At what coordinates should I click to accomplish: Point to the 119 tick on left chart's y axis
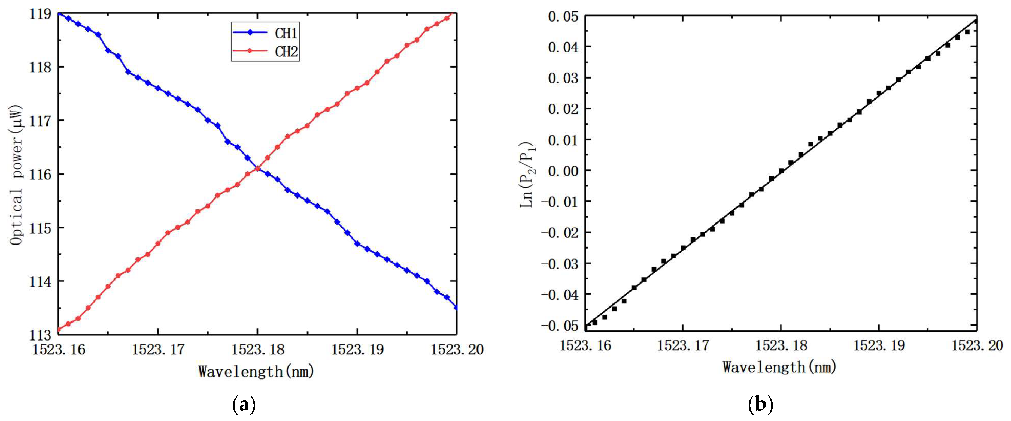point(40,14)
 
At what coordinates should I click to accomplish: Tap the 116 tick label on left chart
point(40,174)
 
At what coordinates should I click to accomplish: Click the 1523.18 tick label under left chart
point(257,349)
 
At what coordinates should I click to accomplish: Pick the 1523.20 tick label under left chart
point(457,349)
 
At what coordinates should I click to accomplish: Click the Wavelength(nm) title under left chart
point(256,371)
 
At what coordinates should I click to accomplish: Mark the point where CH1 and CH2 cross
point(257,169)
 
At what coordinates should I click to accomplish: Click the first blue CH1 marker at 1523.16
point(59,13)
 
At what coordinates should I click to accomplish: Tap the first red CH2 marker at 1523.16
point(59,329)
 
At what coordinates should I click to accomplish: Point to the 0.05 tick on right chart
point(563,16)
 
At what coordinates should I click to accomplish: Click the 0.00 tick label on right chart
point(563,171)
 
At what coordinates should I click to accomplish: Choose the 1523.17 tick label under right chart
point(683,345)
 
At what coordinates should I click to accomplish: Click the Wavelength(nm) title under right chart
point(779,367)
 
